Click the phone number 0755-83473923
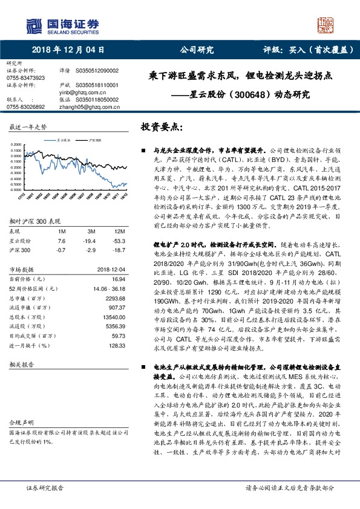[25, 78]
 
